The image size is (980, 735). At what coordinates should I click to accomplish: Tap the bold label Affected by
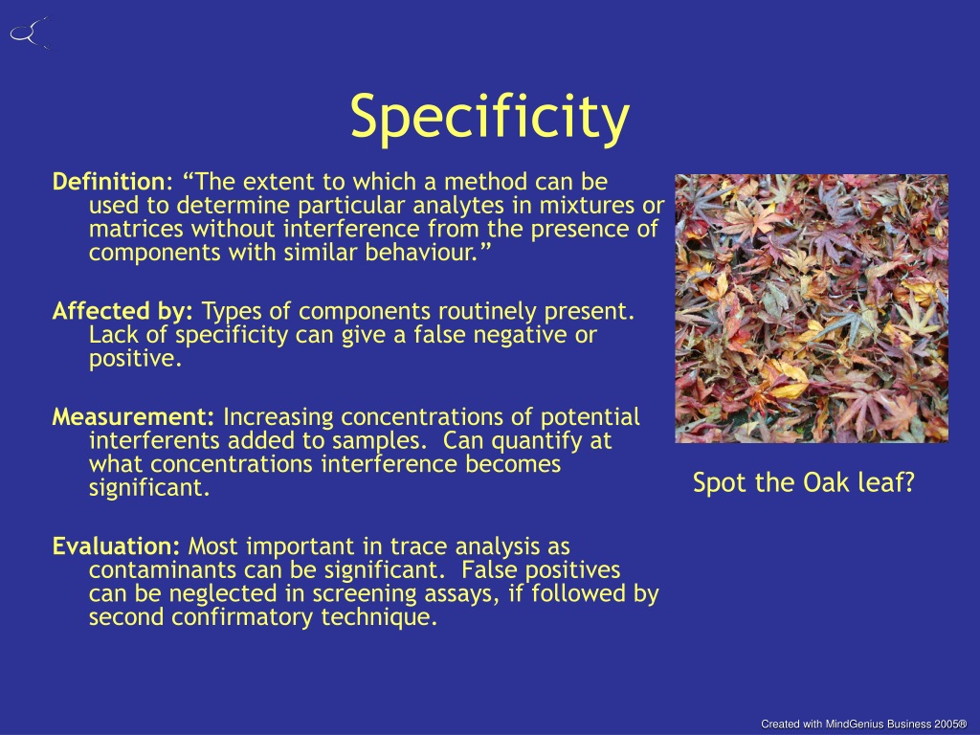(122, 311)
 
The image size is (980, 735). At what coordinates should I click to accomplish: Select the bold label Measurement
(133, 417)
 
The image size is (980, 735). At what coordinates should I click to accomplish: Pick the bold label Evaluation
(116, 546)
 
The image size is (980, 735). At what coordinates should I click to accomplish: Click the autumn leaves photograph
(812, 309)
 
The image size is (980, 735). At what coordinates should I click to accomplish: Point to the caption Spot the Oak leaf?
(804, 482)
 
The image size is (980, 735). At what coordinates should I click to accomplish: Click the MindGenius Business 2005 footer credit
(864, 724)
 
